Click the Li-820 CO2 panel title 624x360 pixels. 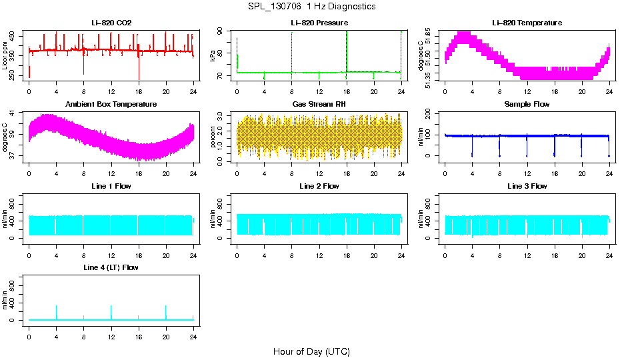tap(111, 23)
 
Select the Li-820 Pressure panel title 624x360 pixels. tap(319, 23)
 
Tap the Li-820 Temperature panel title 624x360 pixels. tap(527, 23)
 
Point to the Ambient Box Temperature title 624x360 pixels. tap(111, 104)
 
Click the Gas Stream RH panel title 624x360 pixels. tap(319, 104)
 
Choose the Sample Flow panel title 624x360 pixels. tap(527, 104)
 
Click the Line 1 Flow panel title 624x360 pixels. tap(111, 186)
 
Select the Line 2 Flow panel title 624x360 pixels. tap(319, 186)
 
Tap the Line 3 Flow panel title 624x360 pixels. tap(527, 186)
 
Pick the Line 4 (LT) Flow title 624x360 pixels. tap(111, 267)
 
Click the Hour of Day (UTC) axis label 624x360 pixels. tap(311, 351)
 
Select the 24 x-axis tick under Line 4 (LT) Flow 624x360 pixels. tap(193, 331)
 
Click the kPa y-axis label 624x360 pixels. tap(213, 56)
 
